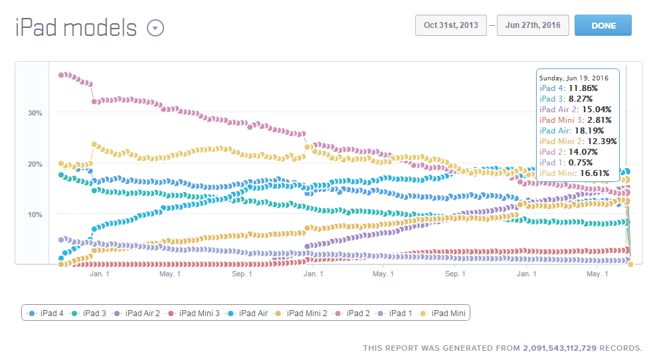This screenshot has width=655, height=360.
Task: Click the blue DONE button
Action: click(x=603, y=25)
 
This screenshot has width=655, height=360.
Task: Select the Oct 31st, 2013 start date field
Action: click(x=451, y=25)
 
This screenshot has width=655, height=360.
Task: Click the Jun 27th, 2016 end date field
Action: click(x=532, y=25)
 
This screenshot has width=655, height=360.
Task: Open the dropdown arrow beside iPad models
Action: click(x=155, y=29)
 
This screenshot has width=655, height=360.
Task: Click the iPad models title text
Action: click(x=76, y=29)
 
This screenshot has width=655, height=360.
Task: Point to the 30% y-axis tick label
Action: click(x=35, y=113)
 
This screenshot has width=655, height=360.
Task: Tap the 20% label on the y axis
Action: click(x=35, y=164)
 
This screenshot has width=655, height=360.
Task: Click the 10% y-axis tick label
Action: click(x=35, y=215)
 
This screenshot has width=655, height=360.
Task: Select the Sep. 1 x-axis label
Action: click(x=242, y=274)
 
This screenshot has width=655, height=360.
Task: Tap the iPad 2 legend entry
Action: click(x=353, y=313)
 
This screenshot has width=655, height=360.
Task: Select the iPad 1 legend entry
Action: click(x=395, y=313)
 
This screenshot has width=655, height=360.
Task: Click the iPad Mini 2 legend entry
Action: click(x=302, y=313)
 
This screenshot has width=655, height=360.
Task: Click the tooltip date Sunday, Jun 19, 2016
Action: click(x=574, y=78)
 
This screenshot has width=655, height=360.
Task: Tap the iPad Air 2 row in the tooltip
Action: click(x=575, y=110)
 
